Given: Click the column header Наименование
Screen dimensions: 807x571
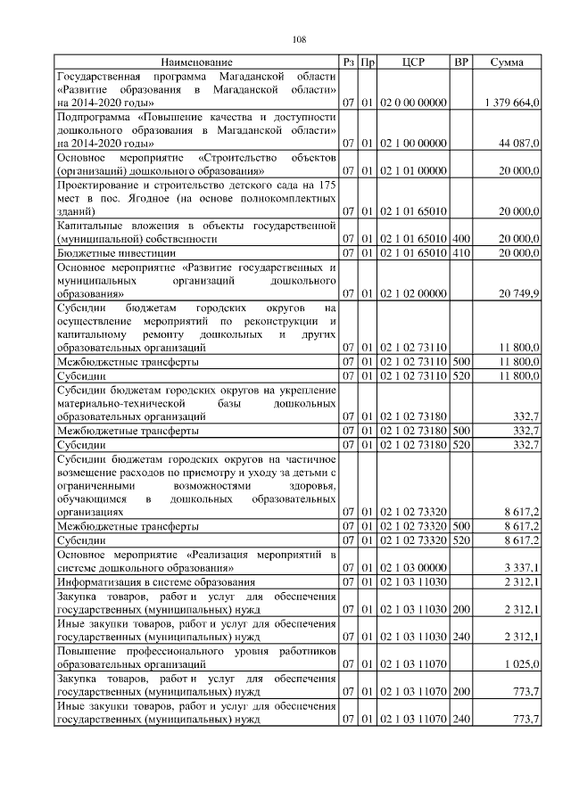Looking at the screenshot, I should pos(196,62).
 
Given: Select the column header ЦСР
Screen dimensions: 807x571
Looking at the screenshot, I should pos(413,62).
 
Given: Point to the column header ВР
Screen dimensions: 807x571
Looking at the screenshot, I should pos(460,62).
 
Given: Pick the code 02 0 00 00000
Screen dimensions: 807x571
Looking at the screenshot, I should pos(413,103).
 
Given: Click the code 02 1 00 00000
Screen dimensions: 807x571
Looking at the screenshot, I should pos(413,143).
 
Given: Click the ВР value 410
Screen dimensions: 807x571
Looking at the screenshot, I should pos(460,254).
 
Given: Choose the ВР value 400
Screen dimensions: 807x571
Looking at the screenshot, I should pos(460,239).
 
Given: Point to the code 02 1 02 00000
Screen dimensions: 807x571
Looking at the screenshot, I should pos(413,293).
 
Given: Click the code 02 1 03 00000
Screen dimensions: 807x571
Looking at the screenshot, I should pos(413,567).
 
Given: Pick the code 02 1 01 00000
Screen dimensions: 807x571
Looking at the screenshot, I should pos(413,170).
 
